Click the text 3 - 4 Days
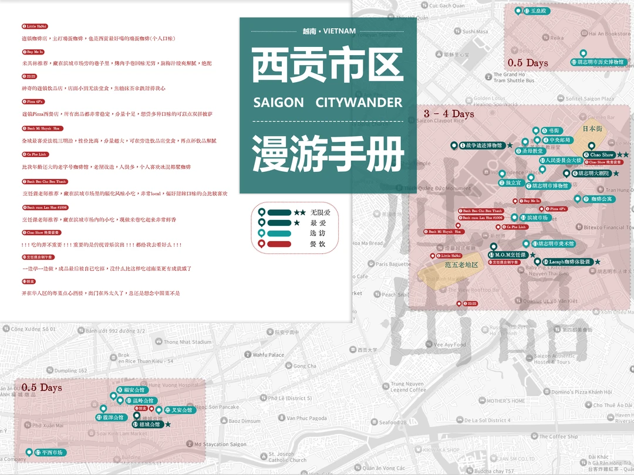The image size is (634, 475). tap(448, 113)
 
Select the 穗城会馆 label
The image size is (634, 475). tap(150, 424)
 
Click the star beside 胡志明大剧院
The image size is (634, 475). tap(616, 174)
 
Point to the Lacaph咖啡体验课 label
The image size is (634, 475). tap(568, 262)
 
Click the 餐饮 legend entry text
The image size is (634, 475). tap(318, 244)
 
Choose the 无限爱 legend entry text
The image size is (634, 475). tap(321, 212)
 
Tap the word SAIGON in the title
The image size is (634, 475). tap(278, 103)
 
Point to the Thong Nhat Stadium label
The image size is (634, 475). tap(187, 342)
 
